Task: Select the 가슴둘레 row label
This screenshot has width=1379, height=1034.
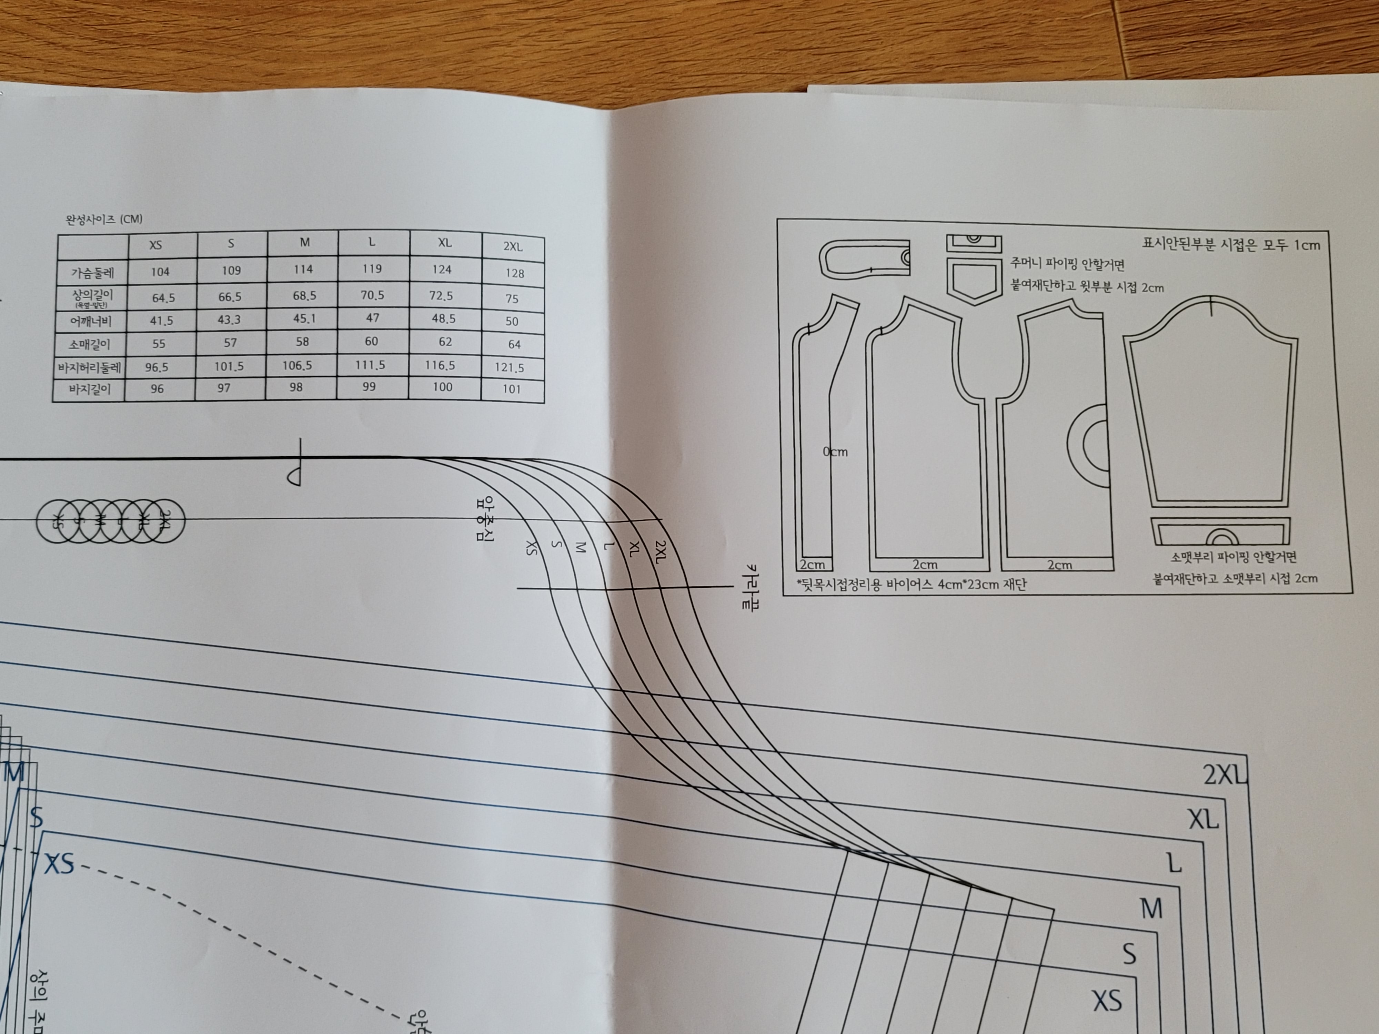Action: coord(92,272)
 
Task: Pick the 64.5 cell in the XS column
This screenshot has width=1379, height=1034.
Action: coord(163,298)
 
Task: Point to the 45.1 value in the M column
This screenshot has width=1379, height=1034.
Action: coord(304,318)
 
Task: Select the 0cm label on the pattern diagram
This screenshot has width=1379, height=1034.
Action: coord(835,452)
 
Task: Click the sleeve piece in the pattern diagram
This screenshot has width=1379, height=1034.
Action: coord(1209,405)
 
